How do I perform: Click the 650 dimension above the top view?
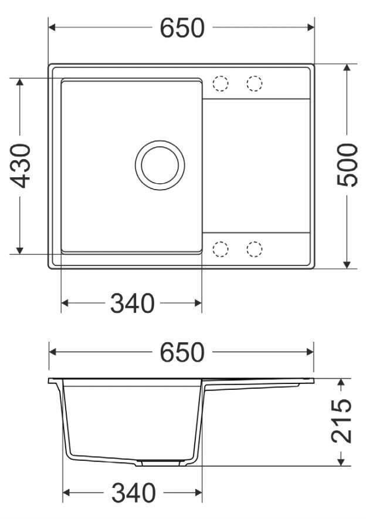[182, 28]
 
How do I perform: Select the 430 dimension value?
[21, 166]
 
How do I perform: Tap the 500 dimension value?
[347, 165]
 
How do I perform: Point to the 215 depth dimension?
[341, 421]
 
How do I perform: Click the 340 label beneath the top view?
[132, 303]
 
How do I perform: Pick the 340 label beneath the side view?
[133, 493]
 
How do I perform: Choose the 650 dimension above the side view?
[182, 352]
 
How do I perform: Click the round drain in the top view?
[160, 165]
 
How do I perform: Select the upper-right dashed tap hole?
[254, 83]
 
